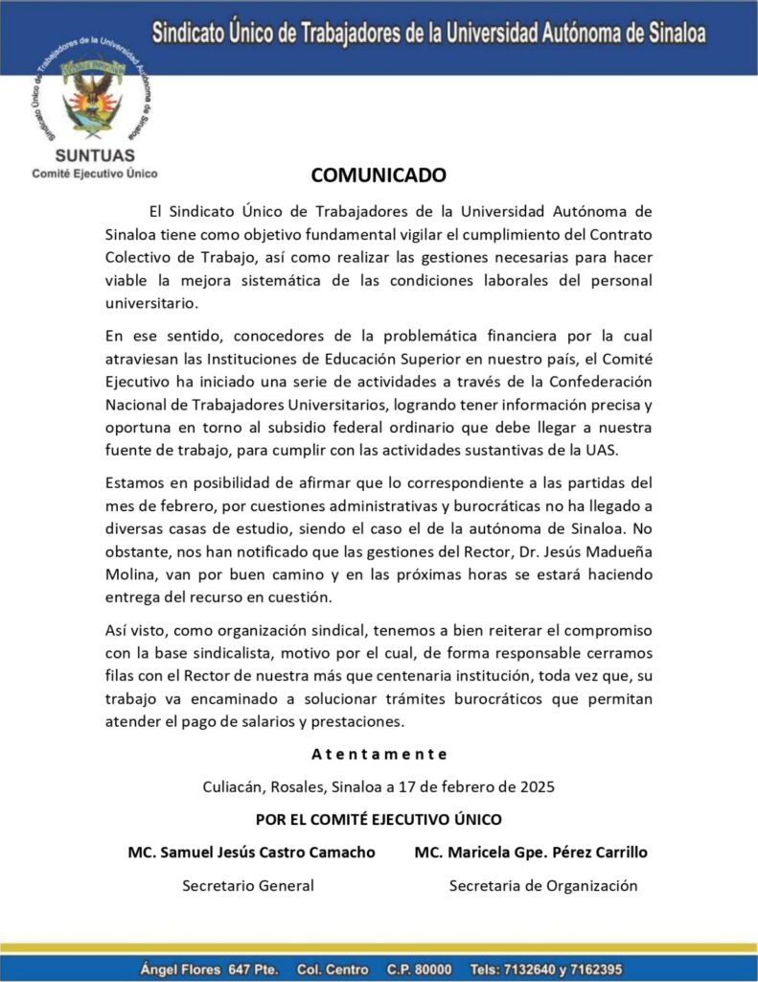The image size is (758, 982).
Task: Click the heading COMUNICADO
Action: coord(379,175)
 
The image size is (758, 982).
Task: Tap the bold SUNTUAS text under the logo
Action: coord(94,155)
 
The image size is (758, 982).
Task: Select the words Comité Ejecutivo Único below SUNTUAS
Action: coord(94,174)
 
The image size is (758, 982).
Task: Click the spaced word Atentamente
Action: coord(379,754)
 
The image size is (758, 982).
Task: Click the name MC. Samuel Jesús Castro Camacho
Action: coord(251,852)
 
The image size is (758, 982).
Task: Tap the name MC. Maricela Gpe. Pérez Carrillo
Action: coord(531,852)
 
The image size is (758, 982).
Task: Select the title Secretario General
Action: coord(248,885)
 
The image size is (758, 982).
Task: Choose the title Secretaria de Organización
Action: coord(542,885)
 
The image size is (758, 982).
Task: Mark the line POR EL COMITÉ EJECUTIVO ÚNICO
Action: coord(379,820)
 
